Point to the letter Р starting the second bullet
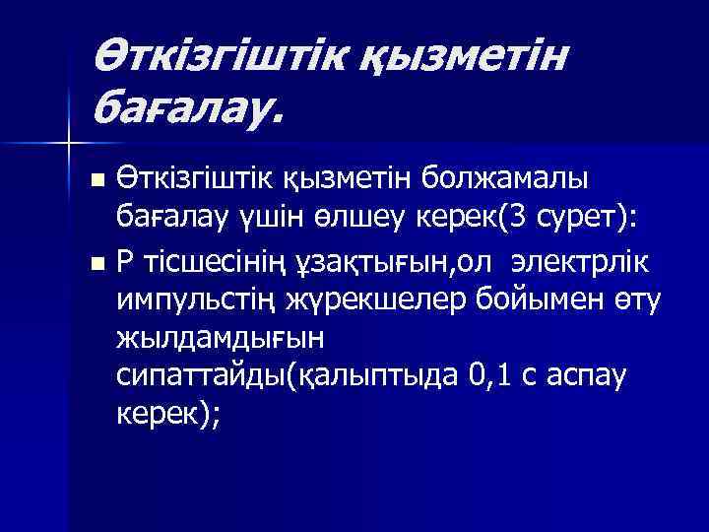click(125, 260)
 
